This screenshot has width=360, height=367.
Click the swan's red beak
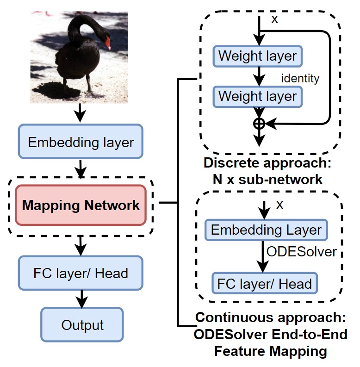[108, 44]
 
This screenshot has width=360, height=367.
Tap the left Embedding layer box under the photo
[81, 142]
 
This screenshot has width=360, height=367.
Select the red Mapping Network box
[81, 205]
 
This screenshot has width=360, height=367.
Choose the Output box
[82, 324]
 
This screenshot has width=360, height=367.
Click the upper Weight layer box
[257, 56]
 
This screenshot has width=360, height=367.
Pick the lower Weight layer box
[257, 96]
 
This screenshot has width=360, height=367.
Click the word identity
[300, 78]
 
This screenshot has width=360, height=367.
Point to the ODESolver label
[301, 252]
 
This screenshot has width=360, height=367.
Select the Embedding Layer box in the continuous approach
[266, 230]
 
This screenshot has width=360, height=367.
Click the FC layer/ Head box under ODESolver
[265, 283]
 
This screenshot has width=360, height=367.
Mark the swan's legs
[79, 88]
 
